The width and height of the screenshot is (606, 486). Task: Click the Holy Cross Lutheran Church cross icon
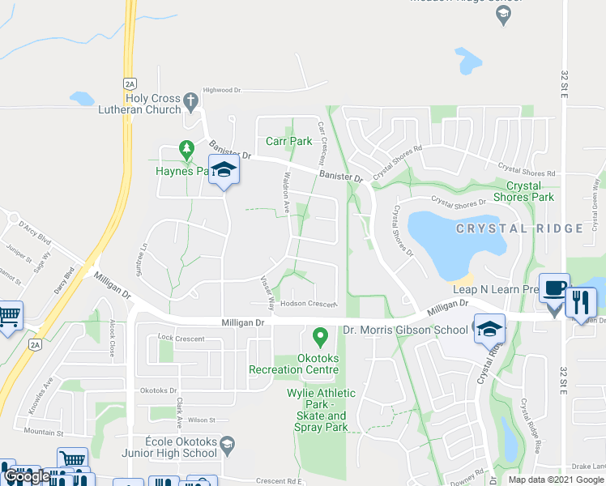click(190, 101)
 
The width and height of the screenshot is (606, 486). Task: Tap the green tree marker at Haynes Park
click(187, 150)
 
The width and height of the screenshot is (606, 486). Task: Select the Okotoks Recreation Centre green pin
click(320, 334)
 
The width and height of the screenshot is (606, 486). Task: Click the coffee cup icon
click(554, 290)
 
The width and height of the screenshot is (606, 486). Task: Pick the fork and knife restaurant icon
click(581, 301)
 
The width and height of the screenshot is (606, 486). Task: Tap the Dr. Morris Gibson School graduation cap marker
click(489, 329)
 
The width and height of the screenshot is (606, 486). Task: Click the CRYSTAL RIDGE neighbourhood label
click(519, 228)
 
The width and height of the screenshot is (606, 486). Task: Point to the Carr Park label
click(288, 141)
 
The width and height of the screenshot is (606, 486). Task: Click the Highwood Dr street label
click(222, 90)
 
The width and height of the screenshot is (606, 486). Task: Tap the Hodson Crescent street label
click(308, 304)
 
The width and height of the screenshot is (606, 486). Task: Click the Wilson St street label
click(201, 420)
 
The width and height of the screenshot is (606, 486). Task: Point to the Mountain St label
click(44, 432)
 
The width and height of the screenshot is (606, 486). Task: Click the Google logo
click(27, 476)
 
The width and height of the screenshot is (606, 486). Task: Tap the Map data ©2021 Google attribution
click(555, 480)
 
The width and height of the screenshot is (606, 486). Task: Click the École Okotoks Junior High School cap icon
click(228, 443)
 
